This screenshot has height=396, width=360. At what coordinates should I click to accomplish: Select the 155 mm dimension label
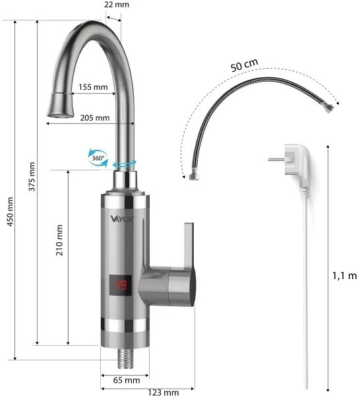(93, 86)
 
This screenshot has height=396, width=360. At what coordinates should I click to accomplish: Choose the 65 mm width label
(127, 380)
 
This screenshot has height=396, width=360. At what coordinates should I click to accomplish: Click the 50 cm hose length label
(244, 66)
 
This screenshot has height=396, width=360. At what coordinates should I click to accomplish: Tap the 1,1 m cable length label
(344, 275)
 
